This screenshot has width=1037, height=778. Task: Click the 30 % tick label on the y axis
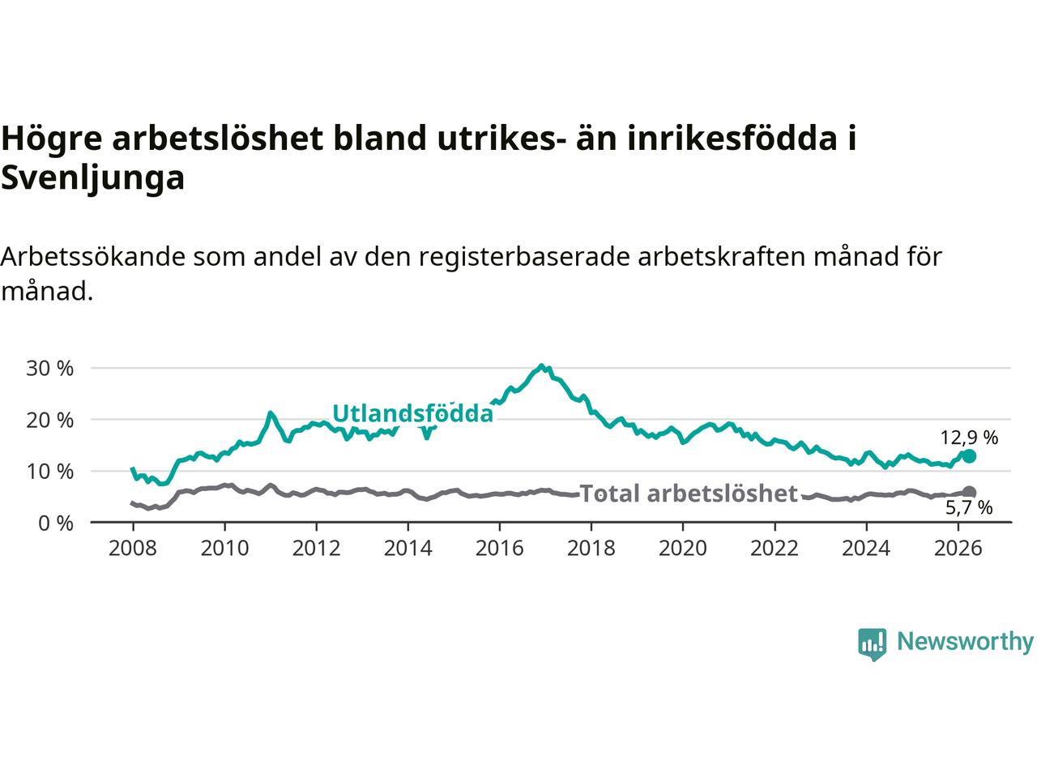click(49, 369)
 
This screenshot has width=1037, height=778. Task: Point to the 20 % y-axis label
click(49, 420)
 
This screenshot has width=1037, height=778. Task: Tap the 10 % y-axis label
click(49, 472)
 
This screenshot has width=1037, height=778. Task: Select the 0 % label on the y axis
click(56, 524)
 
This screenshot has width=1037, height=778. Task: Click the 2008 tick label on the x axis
click(133, 549)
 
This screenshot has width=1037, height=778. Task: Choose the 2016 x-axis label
click(499, 549)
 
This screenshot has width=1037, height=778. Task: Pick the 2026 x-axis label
click(958, 549)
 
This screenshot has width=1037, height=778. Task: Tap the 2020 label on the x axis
click(683, 549)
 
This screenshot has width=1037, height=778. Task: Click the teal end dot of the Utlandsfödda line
click(969, 456)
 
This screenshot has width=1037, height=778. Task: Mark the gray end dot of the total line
click(969, 492)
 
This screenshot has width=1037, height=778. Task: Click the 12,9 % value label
click(969, 438)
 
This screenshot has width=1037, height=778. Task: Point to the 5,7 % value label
click(969, 508)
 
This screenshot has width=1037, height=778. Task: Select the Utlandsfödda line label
click(413, 414)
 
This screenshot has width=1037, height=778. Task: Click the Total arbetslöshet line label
click(689, 494)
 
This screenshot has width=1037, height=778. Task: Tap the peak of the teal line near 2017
click(542, 365)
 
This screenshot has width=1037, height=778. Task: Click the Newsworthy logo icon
click(872, 644)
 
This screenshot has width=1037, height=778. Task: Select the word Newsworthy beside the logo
click(965, 643)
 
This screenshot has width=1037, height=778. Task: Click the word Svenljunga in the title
click(92, 178)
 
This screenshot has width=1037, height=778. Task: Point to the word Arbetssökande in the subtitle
click(92, 258)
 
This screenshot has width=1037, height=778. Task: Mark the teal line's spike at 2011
click(271, 413)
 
